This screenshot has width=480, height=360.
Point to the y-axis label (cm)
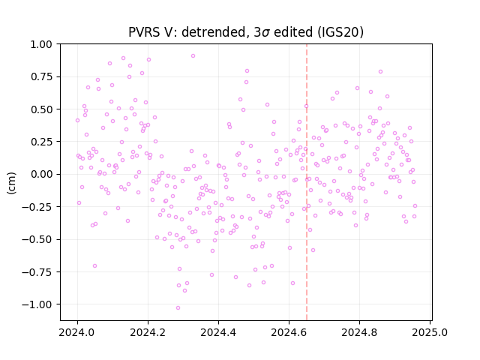(x=11, y=183)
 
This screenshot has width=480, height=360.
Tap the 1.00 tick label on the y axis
(x=41, y=44)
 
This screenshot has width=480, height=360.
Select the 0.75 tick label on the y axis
(x=41, y=76)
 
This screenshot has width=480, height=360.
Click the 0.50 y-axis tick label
(x=41, y=109)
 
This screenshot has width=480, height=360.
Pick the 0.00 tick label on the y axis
(x=41, y=174)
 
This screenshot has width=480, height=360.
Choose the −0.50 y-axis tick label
(x=37, y=239)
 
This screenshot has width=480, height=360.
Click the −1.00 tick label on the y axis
(x=37, y=304)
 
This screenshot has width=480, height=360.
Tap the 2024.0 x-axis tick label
(x=77, y=332)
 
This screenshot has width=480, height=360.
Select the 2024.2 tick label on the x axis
(x=148, y=332)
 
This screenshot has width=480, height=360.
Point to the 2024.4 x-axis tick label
(x=218, y=332)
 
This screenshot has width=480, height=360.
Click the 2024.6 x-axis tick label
(x=289, y=332)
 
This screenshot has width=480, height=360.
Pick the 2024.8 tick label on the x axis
(x=359, y=332)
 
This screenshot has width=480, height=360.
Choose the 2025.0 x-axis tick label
(x=430, y=332)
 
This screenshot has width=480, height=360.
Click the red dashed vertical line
(x=307, y=182)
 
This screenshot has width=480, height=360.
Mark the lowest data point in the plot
(x=178, y=307)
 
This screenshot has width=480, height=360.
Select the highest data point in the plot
(x=193, y=55)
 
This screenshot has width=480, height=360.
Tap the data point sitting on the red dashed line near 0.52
(x=306, y=106)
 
